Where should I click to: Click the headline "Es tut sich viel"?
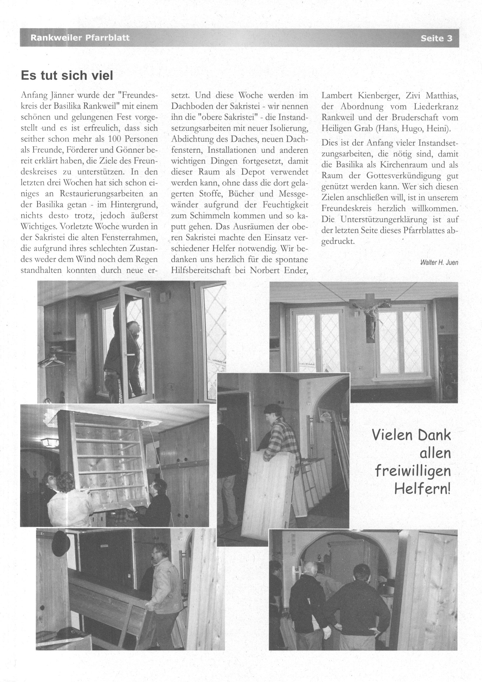click(67, 76)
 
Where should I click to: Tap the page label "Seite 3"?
click(436, 38)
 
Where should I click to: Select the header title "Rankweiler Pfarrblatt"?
click(80, 38)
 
